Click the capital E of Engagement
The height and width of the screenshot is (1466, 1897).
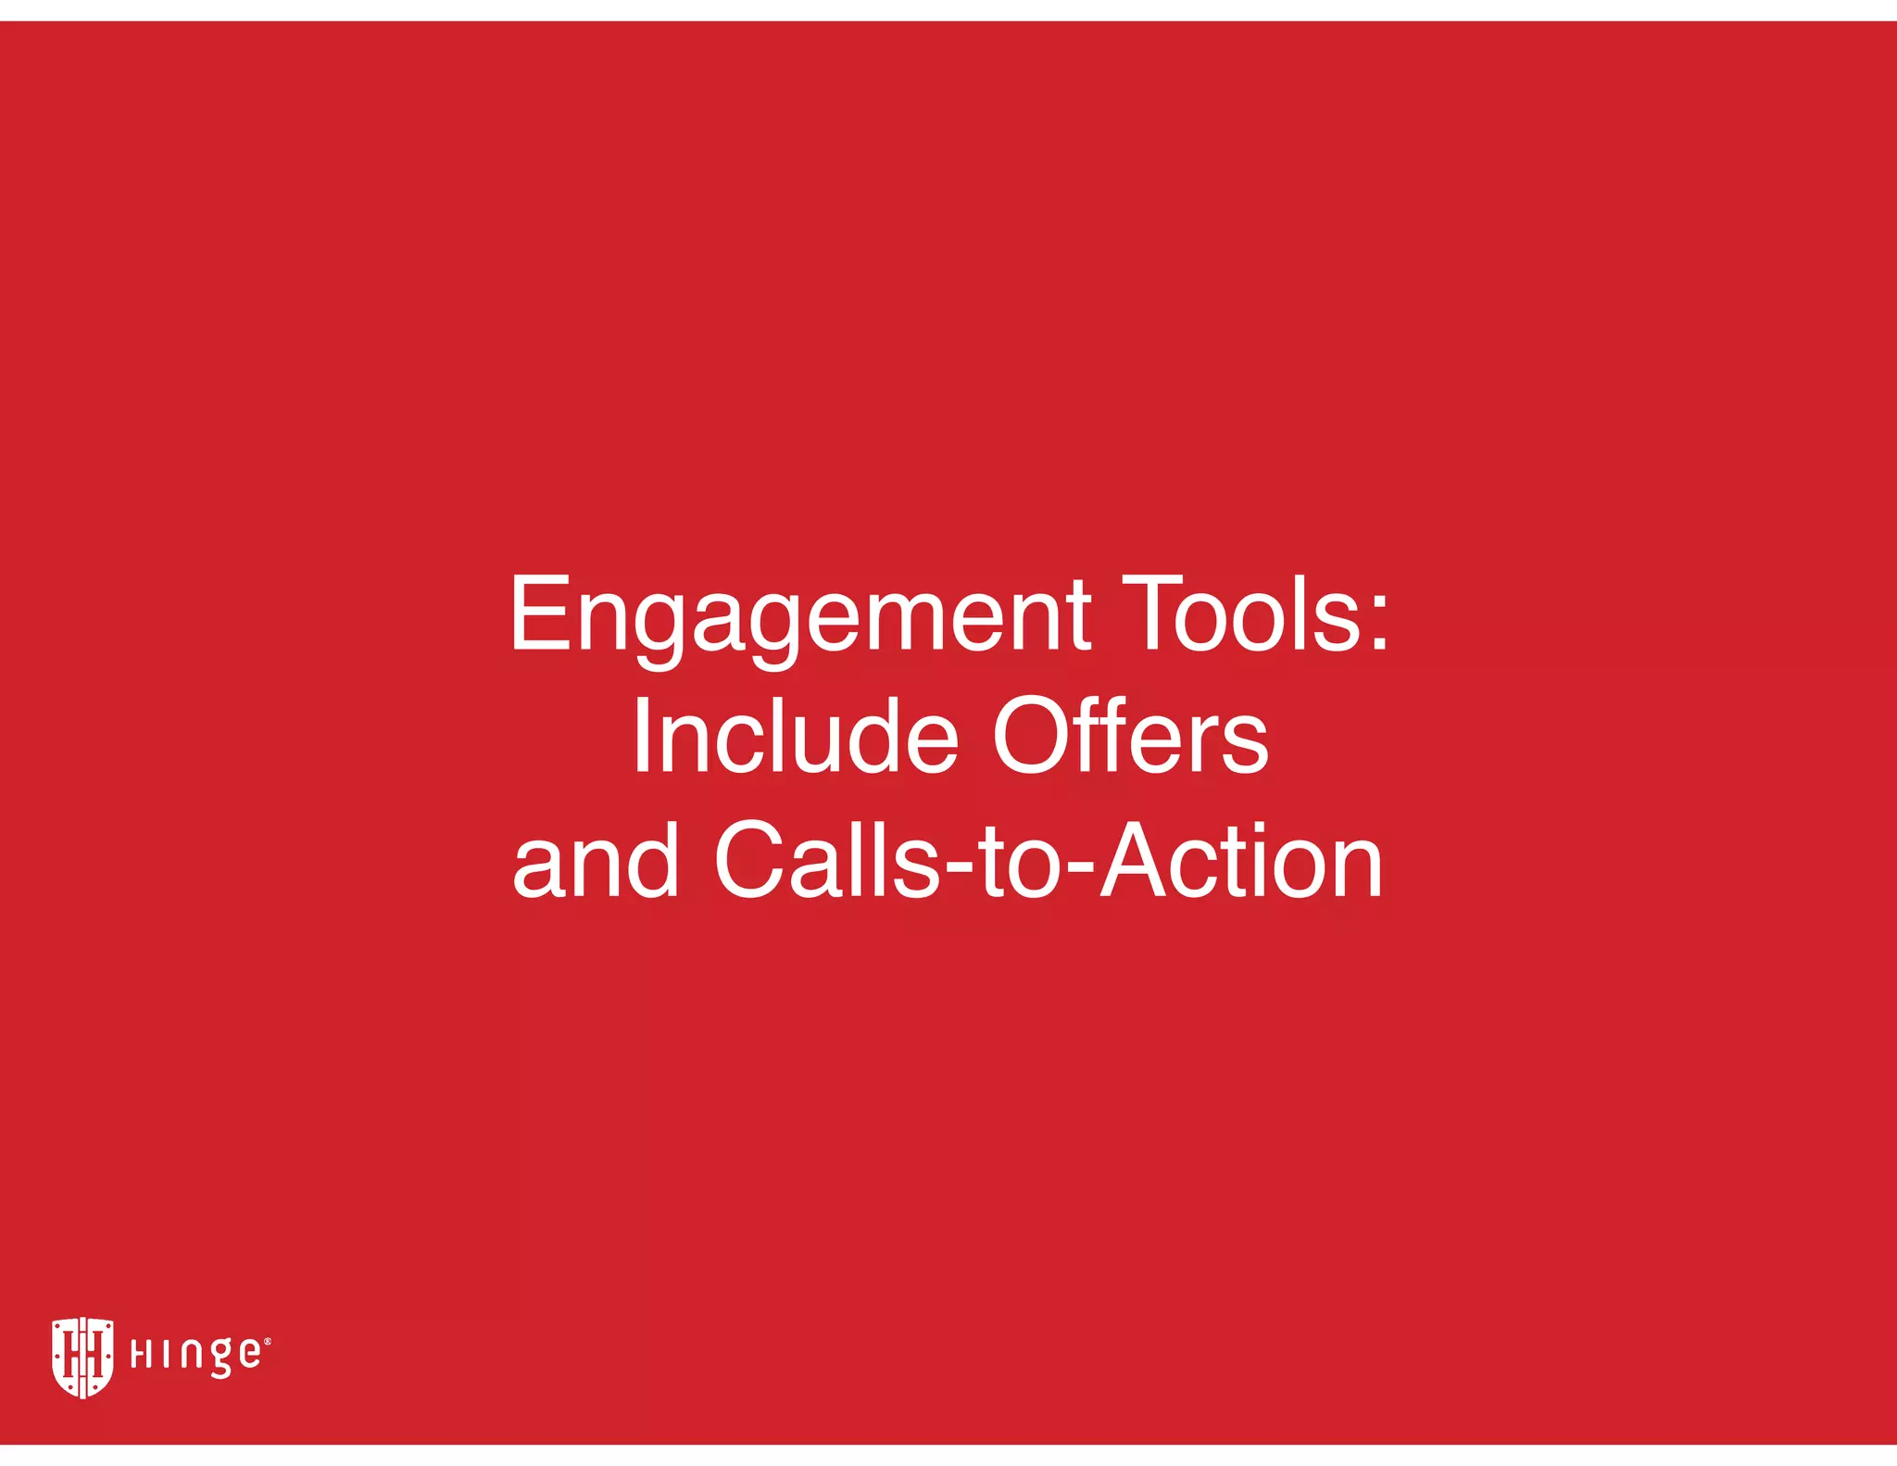540,613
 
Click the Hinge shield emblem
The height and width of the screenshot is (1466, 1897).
82,1356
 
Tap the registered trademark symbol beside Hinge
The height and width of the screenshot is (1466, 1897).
268,1341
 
